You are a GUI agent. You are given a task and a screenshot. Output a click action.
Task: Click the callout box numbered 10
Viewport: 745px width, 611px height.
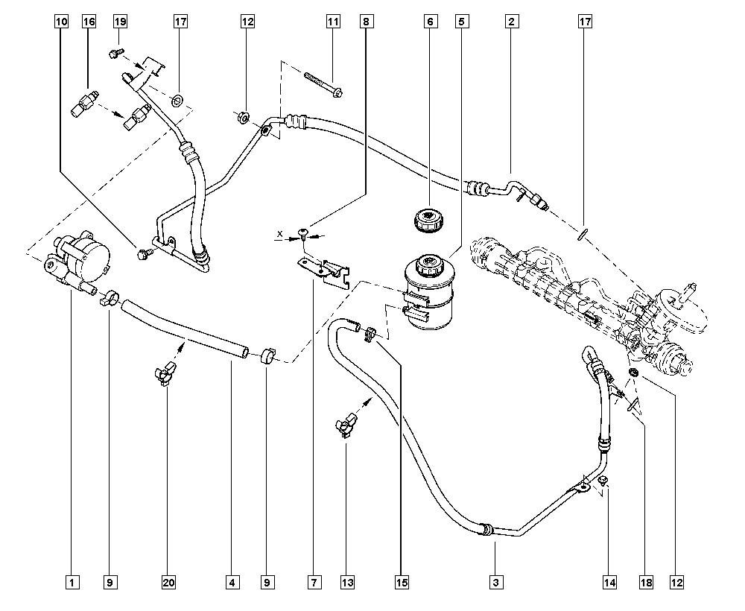pos(61,22)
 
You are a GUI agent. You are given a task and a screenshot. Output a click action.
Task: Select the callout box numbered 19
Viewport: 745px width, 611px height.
pos(120,22)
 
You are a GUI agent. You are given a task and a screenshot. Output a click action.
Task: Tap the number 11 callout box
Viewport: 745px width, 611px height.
pos(334,22)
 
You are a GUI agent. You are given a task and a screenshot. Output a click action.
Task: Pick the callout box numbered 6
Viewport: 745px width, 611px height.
pos(431,22)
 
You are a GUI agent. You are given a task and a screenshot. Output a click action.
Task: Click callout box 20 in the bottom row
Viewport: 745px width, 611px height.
pos(168,582)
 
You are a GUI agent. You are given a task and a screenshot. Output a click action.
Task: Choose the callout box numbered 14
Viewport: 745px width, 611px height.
pos(610,582)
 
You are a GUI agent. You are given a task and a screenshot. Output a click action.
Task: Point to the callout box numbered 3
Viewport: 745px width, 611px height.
pos(496,582)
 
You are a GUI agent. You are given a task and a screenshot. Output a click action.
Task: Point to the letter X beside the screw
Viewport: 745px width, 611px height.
pos(280,234)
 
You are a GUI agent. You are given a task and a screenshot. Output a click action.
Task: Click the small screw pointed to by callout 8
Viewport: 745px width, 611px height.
pos(301,232)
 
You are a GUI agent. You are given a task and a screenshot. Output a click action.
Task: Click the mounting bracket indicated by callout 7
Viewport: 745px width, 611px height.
pos(325,273)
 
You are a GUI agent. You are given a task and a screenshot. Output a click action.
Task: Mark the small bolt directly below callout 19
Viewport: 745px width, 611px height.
pos(116,52)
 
